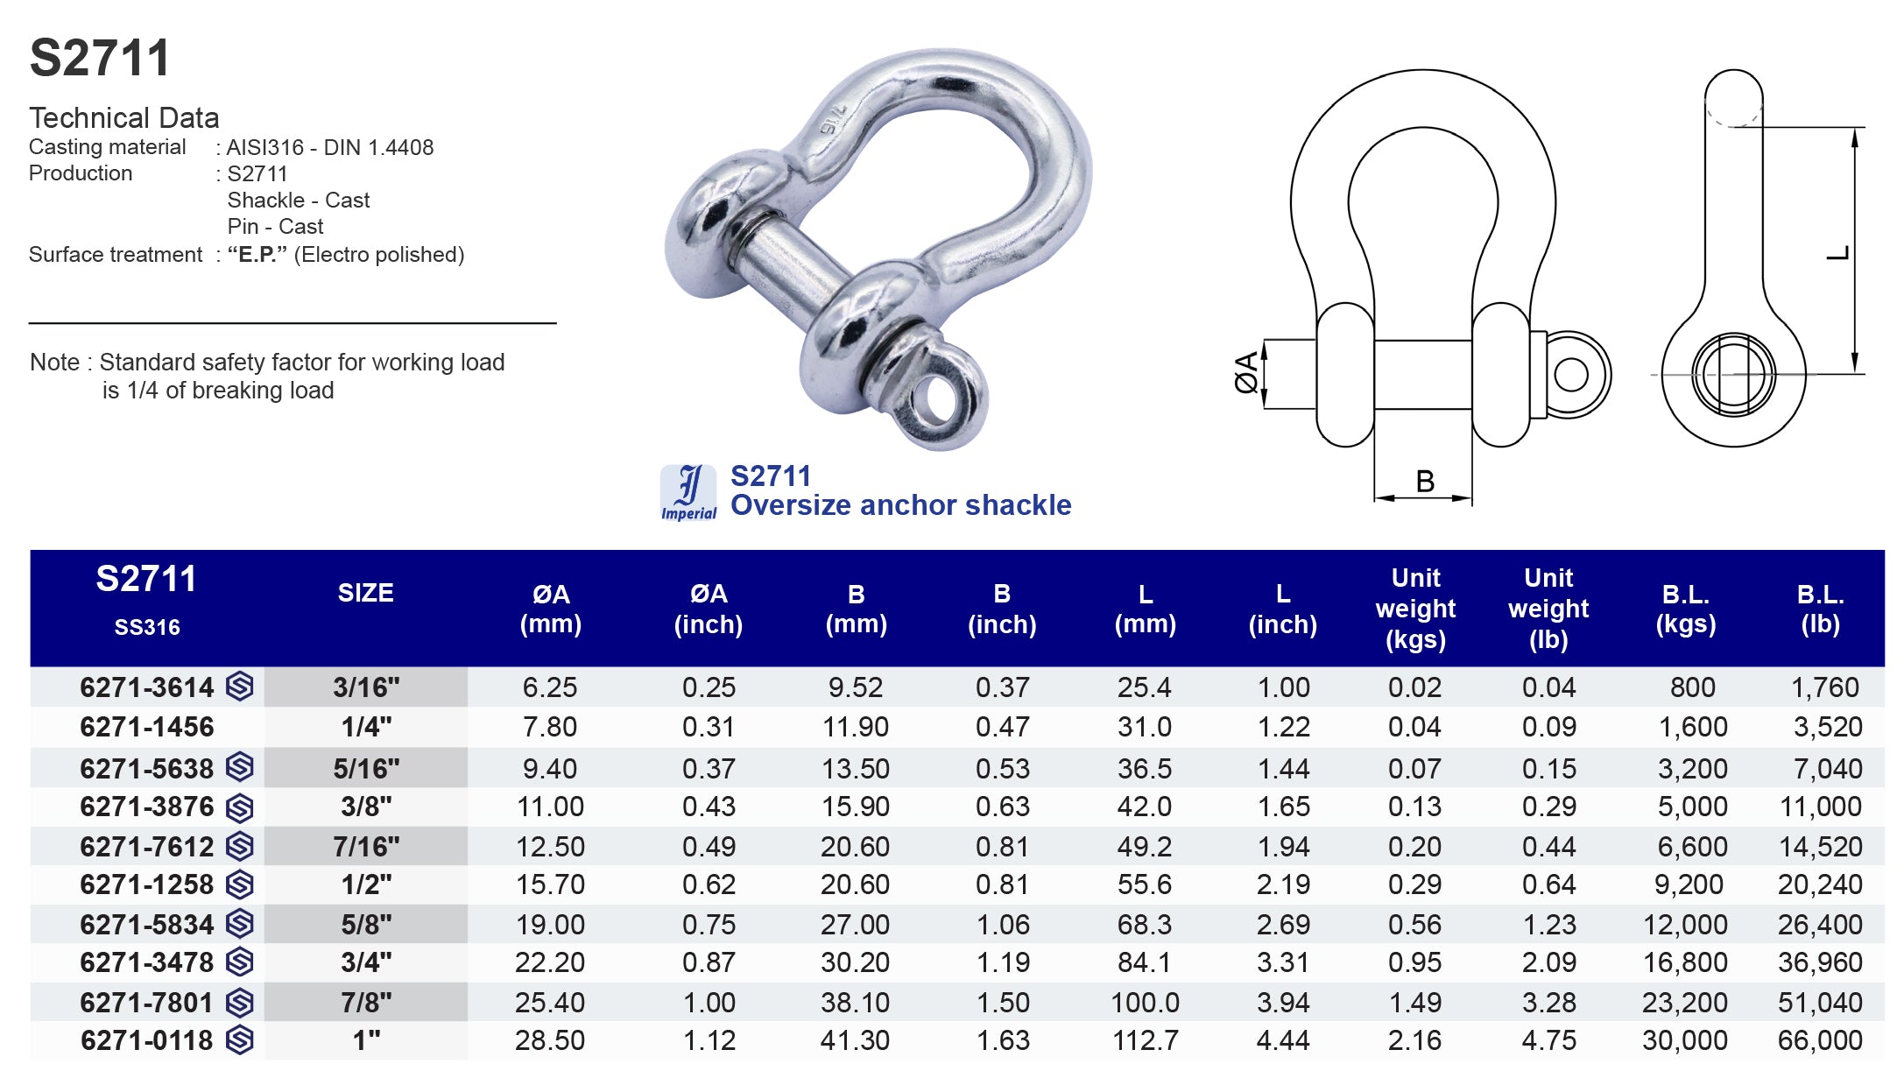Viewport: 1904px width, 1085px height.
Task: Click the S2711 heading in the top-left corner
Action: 99,59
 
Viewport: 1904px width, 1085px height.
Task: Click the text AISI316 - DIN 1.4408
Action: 329,147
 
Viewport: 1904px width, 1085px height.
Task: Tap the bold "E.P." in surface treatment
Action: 257,255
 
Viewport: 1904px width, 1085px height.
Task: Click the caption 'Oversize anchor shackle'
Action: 900,505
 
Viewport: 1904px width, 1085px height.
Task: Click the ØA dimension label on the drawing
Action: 1246,372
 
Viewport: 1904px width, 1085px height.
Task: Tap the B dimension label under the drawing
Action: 1425,481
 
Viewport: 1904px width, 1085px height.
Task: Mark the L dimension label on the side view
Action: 1837,253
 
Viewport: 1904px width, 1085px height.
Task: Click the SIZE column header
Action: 365,593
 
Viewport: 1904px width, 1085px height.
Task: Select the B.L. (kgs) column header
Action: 1685,609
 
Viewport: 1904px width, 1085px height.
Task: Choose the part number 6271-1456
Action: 146,727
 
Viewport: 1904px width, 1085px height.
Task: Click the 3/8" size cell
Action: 366,807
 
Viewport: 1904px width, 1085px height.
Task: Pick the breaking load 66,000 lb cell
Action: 1819,1040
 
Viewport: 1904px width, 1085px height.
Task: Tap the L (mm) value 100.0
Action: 1145,1002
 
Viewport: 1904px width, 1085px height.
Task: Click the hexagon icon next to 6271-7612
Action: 240,846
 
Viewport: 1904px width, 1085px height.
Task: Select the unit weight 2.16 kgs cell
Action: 1414,1040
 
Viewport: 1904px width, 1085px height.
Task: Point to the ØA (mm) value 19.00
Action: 550,924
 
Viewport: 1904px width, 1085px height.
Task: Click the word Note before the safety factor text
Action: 54,363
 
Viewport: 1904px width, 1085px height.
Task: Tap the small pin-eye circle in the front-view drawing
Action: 1570,376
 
